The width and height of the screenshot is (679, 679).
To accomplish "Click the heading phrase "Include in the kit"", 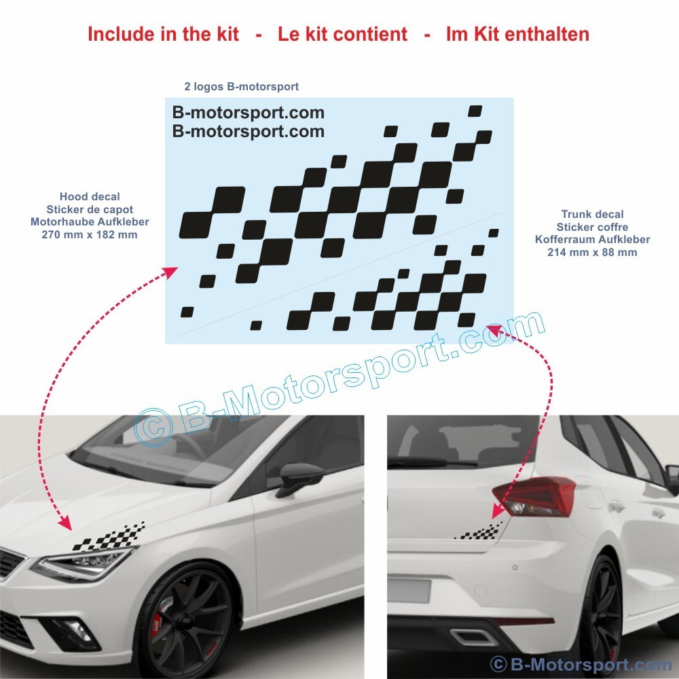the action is (163, 34).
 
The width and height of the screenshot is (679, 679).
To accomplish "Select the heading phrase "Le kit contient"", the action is (342, 34).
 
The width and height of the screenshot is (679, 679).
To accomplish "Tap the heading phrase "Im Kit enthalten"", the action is (517, 34).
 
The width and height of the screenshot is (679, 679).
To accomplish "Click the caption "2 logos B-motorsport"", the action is (241, 87).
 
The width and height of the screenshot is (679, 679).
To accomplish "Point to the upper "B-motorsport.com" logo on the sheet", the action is (248, 113).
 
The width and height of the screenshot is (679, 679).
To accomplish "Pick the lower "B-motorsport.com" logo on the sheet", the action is (248, 131).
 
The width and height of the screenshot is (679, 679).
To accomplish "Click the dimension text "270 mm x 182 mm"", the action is (90, 235).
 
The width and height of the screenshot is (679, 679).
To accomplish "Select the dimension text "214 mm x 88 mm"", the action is (592, 252).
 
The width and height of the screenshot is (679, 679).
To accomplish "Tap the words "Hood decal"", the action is (90, 197).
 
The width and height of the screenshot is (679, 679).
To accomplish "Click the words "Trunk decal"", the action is (592, 215).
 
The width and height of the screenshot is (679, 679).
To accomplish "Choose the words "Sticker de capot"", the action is (90, 210).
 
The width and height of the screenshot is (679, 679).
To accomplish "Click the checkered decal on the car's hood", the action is (109, 538).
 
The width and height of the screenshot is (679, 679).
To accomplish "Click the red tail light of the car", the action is (534, 496).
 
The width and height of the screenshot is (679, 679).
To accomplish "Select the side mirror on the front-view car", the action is (299, 478).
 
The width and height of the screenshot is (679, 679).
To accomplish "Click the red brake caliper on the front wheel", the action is (156, 622).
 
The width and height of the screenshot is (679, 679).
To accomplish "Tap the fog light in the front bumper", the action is (78, 627).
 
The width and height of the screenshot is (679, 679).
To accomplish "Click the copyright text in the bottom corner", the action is (581, 664).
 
